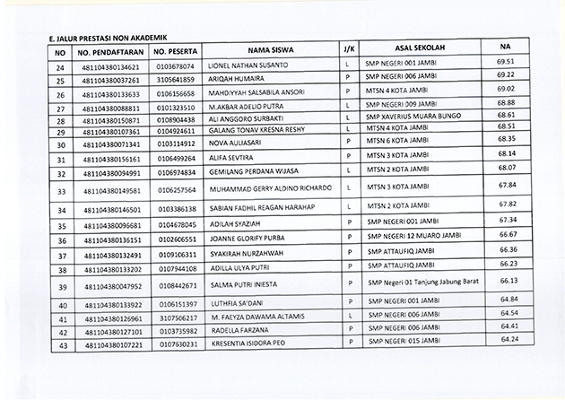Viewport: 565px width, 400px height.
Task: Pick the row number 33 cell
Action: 61,191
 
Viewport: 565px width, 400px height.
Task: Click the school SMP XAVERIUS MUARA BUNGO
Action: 413,117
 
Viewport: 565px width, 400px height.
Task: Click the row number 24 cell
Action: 61,66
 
